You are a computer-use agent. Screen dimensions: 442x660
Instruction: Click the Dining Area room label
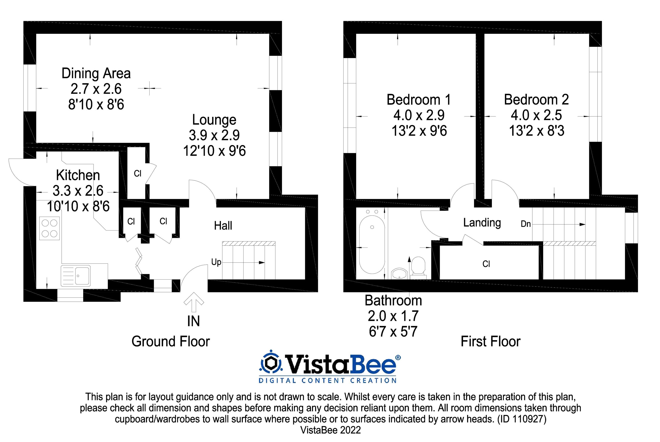click(96, 73)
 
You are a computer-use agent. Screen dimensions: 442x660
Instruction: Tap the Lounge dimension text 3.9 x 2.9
click(214, 135)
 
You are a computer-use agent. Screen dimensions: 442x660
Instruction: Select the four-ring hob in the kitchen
click(49, 228)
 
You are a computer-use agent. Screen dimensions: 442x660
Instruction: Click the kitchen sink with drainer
click(75, 275)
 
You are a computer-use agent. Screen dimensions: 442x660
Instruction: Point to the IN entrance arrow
click(194, 302)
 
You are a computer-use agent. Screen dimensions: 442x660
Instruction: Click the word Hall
click(223, 226)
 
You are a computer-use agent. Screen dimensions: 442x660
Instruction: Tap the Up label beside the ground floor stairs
click(216, 262)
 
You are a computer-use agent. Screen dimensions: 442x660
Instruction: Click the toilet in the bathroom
click(418, 267)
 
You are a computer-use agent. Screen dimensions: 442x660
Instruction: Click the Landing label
click(482, 223)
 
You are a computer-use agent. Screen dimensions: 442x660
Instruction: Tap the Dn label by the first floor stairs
click(526, 224)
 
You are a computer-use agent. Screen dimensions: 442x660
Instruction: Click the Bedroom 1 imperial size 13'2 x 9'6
click(419, 131)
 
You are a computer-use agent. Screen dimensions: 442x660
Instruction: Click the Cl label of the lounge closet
click(137, 174)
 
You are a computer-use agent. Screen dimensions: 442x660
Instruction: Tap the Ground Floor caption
click(170, 341)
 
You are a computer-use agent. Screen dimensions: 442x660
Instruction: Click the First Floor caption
click(490, 341)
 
